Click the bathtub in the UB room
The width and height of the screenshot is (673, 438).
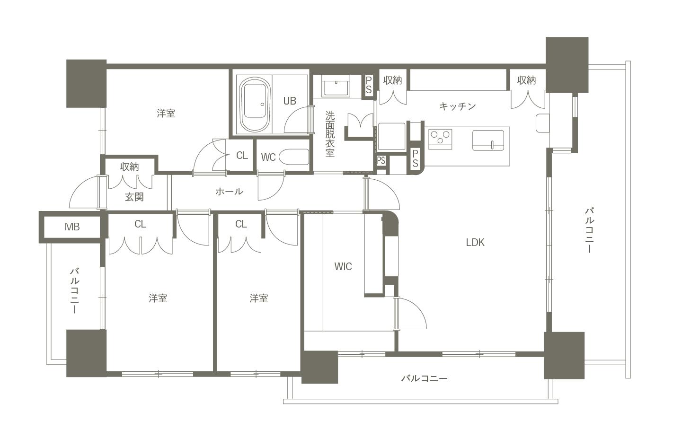click(x=255, y=104)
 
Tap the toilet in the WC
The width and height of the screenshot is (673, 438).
click(x=294, y=157)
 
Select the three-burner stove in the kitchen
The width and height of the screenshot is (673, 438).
click(x=440, y=139)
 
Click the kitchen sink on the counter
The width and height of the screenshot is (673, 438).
click(x=488, y=140)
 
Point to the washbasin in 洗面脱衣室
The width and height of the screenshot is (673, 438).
click(x=336, y=86)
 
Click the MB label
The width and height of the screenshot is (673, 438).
click(x=72, y=227)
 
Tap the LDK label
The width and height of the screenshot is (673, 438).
click(x=475, y=243)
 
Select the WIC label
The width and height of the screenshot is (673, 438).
click(x=343, y=267)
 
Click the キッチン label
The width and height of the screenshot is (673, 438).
click(x=458, y=106)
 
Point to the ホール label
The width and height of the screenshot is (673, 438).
click(x=229, y=192)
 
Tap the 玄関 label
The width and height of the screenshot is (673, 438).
click(x=134, y=197)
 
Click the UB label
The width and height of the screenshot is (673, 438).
click(x=290, y=101)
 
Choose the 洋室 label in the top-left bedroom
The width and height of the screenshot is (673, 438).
click(x=166, y=114)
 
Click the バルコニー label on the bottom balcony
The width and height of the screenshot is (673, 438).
click(x=424, y=378)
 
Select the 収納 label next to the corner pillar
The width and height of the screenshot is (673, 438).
click(x=526, y=80)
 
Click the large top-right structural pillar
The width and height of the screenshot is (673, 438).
click(x=567, y=65)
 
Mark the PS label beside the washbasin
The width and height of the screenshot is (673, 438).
click(x=369, y=85)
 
